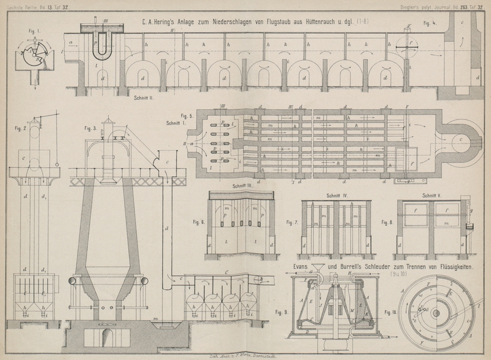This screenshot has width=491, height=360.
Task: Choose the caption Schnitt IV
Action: click(337, 196)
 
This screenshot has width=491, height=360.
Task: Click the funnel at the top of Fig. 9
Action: click(319, 270)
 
